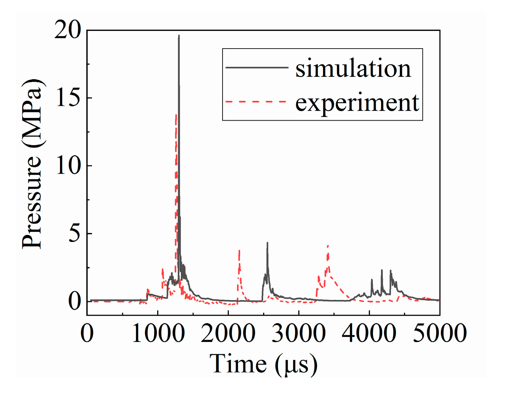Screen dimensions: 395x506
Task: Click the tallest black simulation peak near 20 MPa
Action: [179, 36]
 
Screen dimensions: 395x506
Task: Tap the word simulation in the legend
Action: [353, 68]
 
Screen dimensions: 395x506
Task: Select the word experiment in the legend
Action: [357, 102]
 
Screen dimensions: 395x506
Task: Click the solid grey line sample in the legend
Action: [257, 67]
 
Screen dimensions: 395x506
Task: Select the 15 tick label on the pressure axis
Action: [68, 98]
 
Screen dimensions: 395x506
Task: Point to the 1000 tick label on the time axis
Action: [158, 333]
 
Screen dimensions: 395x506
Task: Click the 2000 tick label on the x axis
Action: [228, 333]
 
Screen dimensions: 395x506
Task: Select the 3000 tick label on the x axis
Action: [299, 333]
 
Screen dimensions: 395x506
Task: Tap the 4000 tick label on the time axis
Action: [369, 333]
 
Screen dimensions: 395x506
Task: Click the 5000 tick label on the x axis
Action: [440, 333]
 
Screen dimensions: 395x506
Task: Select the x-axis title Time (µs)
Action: [264, 364]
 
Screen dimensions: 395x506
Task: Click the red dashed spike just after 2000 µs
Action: [239, 251]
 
